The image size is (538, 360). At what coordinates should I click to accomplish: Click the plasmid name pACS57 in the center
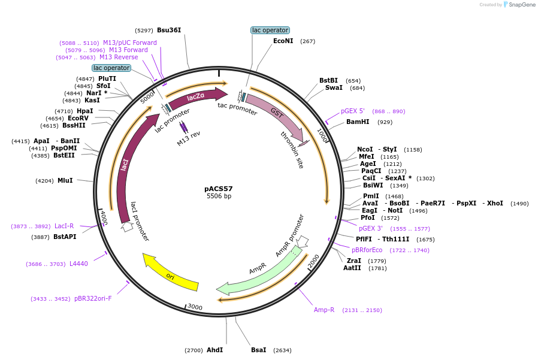[x=219, y=189]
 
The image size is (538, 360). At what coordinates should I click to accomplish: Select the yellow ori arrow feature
[x=171, y=276]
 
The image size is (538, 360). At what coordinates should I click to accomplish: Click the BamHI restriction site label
[x=358, y=122]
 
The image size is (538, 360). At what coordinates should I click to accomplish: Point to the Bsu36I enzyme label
[x=169, y=30]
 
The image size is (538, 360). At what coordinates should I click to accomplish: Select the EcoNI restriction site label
[x=283, y=41]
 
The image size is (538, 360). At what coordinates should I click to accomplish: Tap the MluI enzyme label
[x=65, y=180]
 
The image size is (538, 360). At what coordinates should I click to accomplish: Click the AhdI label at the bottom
[x=214, y=350]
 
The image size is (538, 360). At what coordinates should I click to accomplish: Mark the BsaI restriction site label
[x=259, y=350]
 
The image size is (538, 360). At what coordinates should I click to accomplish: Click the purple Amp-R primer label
[x=324, y=310]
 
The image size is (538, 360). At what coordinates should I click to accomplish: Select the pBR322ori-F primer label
[x=93, y=298]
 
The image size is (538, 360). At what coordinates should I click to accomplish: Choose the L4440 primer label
[x=78, y=264]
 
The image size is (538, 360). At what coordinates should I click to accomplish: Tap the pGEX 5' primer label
[x=353, y=111]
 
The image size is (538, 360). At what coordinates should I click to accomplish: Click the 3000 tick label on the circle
[x=195, y=307]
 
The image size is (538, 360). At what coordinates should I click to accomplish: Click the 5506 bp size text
[x=219, y=196]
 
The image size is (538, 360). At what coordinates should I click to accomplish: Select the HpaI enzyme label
[x=85, y=111]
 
